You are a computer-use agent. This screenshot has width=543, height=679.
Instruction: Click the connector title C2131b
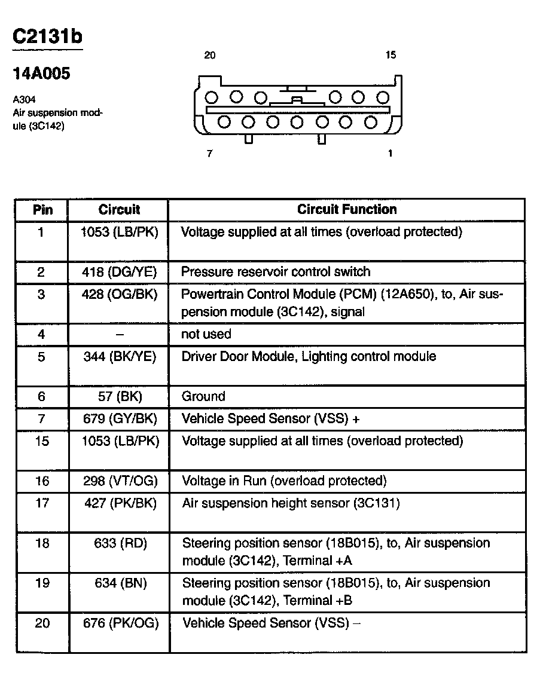click(47, 37)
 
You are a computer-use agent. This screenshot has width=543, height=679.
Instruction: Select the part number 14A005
click(41, 74)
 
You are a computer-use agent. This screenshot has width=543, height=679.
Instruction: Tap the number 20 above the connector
click(209, 56)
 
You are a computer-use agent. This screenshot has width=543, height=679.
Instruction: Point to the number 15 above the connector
click(391, 56)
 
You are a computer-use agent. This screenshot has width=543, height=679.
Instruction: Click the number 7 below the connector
click(209, 154)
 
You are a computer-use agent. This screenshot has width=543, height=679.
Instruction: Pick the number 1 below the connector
click(391, 154)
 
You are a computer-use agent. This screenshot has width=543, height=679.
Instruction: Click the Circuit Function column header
click(347, 210)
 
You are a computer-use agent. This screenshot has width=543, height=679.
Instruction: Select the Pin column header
click(42, 210)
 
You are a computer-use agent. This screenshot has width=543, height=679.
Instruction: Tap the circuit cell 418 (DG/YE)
click(120, 273)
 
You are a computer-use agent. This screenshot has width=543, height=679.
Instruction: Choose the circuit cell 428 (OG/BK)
click(120, 295)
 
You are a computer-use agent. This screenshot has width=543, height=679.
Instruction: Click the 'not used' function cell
click(206, 334)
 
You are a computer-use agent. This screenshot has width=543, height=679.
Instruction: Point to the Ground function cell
click(203, 396)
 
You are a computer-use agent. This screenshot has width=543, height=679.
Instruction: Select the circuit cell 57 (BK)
click(120, 396)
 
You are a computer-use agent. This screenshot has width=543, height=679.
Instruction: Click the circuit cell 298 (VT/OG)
click(120, 481)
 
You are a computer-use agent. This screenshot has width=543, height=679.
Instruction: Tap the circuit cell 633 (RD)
click(120, 543)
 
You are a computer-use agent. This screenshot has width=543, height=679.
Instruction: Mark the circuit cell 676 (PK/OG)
click(121, 623)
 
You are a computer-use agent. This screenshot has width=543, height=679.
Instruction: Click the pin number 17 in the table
click(42, 503)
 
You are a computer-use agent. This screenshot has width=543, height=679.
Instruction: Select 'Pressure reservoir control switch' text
click(276, 272)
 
